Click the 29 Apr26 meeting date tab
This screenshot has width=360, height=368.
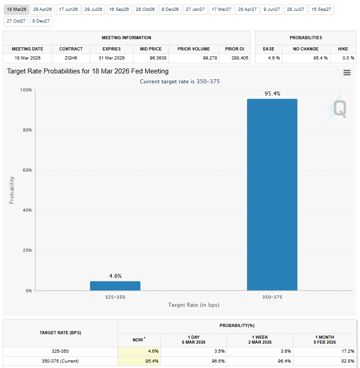coord(42,9)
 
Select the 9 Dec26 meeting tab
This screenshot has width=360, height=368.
coord(170,9)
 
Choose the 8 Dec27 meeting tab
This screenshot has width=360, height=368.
coord(41,21)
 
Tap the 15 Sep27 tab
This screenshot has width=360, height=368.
coord(321,9)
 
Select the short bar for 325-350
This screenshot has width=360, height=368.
coord(115,286)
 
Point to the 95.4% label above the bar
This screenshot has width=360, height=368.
coord(272,94)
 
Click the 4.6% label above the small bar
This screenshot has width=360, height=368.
coord(115,276)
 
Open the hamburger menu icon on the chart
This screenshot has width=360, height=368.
coord(346,73)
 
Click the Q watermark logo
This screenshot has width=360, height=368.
coord(338,109)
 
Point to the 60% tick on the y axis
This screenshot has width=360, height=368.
coord(26,170)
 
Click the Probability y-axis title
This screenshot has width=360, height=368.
coord(12,190)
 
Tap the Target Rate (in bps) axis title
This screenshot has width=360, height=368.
coord(193,305)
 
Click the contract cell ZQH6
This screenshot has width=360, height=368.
coord(71,58)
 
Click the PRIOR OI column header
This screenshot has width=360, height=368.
coord(234,49)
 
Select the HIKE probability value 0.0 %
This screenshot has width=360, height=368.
coord(346,58)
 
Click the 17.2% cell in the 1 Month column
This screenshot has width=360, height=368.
coord(347,351)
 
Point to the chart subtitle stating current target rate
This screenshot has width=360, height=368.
coord(180,81)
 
